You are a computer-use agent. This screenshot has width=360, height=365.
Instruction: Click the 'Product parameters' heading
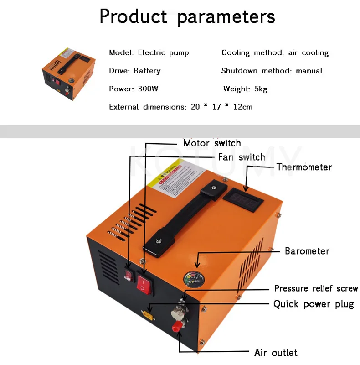pos(187,17)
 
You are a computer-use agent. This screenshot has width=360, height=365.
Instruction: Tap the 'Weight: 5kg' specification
pos(245,89)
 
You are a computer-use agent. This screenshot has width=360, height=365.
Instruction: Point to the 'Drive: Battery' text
pos(135,71)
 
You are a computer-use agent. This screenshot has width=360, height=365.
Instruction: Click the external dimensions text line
pos(180,107)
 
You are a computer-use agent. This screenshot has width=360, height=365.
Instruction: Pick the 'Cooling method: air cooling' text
pos(275,53)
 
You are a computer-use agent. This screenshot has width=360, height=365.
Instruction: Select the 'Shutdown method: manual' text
pos(272,71)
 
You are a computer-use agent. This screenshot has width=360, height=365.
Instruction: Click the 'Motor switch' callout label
pos(212,143)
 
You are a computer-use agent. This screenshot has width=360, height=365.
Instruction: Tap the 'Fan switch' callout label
pos(242,157)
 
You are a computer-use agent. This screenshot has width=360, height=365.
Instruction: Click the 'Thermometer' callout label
pos(304,167)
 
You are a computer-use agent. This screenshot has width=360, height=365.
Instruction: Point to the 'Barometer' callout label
pos(307,251)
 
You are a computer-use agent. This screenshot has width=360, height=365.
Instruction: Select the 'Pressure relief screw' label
pos(316,289)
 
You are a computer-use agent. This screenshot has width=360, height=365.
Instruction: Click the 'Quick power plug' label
pos(314,304)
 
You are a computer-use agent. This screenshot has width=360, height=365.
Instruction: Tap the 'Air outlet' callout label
pos(276,353)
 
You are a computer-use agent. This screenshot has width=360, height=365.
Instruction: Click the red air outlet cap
pos(176,327)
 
